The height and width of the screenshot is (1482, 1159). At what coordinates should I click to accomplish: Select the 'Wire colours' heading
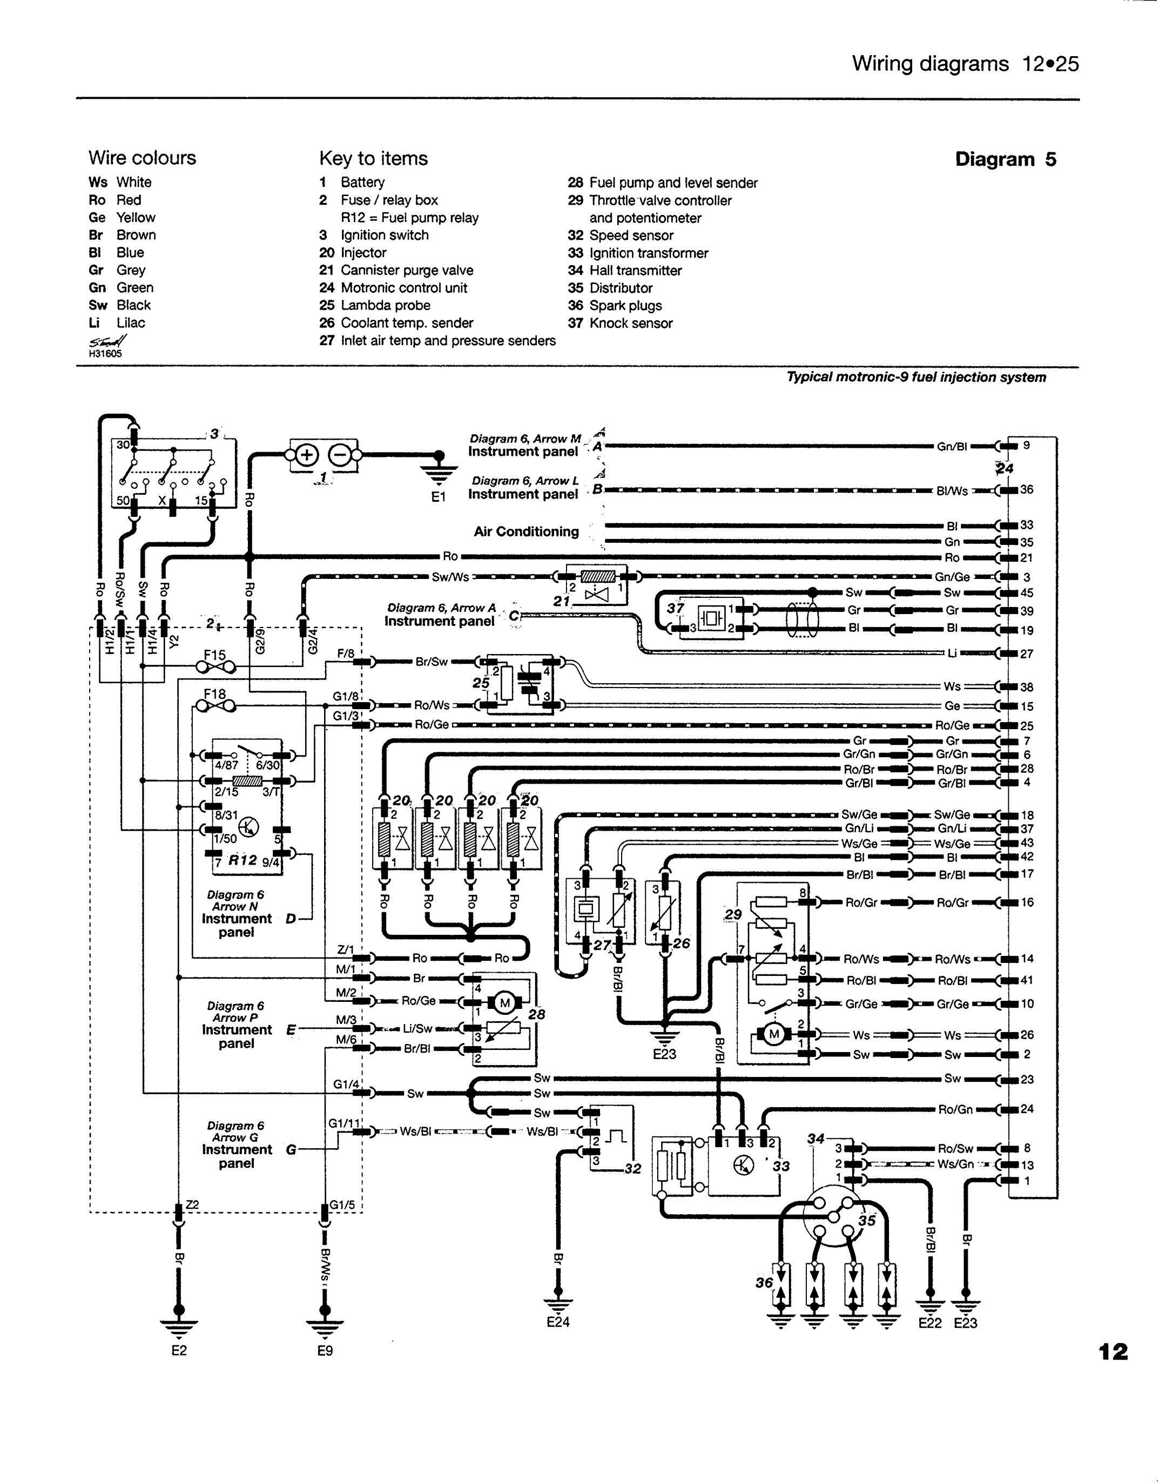tap(142, 158)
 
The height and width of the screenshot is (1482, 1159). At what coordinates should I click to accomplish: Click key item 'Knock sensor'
tap(630, 324)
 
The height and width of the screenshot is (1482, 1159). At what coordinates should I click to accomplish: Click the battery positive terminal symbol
tap(306, 455)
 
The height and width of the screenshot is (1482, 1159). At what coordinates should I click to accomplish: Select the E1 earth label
tap(439, 497)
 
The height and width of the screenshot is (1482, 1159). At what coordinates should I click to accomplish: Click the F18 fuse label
tap(214, 695)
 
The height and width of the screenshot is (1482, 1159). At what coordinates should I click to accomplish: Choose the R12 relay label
tap(242, 860)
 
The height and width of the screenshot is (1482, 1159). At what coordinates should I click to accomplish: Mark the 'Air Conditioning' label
tap(526, 531)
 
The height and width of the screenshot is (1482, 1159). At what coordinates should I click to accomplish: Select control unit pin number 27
tap(1027, 654)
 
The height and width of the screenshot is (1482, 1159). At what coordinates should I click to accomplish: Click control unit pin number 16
tap(1027, 902)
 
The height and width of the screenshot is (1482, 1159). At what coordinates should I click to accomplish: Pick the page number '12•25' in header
tap(1048, 64)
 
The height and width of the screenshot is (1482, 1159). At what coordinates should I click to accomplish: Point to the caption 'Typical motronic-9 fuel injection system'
tap(916, 378)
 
